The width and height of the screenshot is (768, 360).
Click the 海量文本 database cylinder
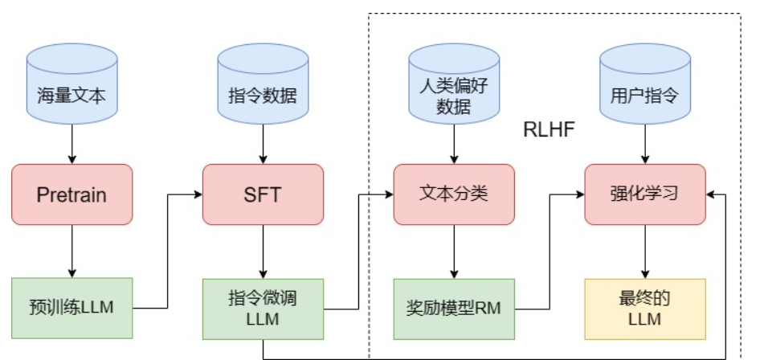point(71,88)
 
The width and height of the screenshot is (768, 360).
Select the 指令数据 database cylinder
point(263,88)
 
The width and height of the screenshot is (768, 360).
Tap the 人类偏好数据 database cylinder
point(454,88)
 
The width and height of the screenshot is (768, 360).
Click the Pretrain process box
point(71,194)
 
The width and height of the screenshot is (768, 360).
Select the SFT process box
point(263,194)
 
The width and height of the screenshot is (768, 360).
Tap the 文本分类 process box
point(454,194)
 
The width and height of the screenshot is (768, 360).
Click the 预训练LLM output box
point(71,308)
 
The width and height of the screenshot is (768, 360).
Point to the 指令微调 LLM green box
point(263,308)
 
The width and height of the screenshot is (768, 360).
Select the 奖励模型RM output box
point(454,308)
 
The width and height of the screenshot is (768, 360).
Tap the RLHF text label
point(549,129)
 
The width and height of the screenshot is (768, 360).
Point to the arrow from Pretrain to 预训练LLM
point(71,251)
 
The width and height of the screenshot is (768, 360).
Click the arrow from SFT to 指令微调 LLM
point(263,251)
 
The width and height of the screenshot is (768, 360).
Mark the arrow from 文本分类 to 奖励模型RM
point(454,251)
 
